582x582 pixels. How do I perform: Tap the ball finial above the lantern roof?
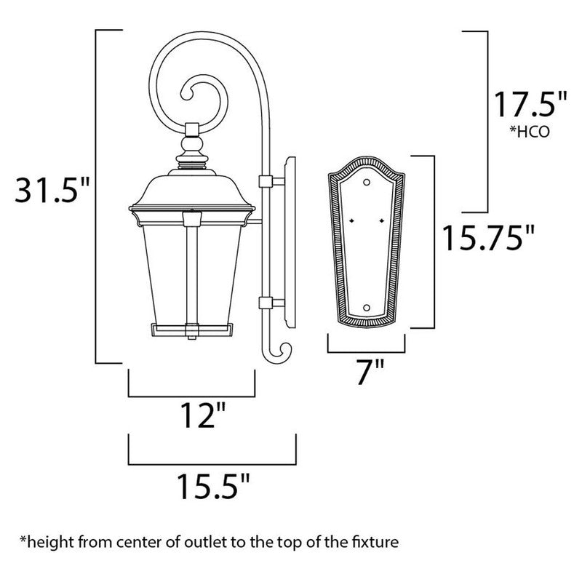(x=192, y=145)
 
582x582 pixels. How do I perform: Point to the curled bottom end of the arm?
(x=280, y=352)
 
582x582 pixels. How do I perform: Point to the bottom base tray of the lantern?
(x=191, y=330)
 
